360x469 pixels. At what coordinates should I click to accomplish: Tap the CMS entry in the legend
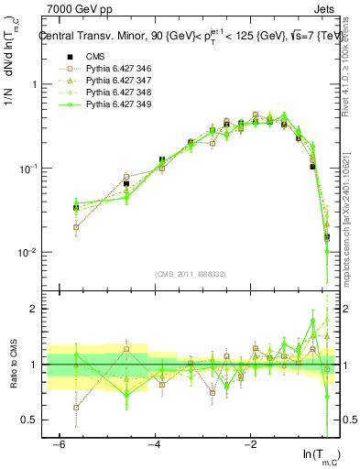pos(96,58)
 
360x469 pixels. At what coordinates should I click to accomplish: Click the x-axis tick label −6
pos(59,443)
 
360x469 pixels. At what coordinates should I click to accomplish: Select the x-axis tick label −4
pos(154,443)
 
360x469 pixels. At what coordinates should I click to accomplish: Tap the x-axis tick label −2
pos(249,443)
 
